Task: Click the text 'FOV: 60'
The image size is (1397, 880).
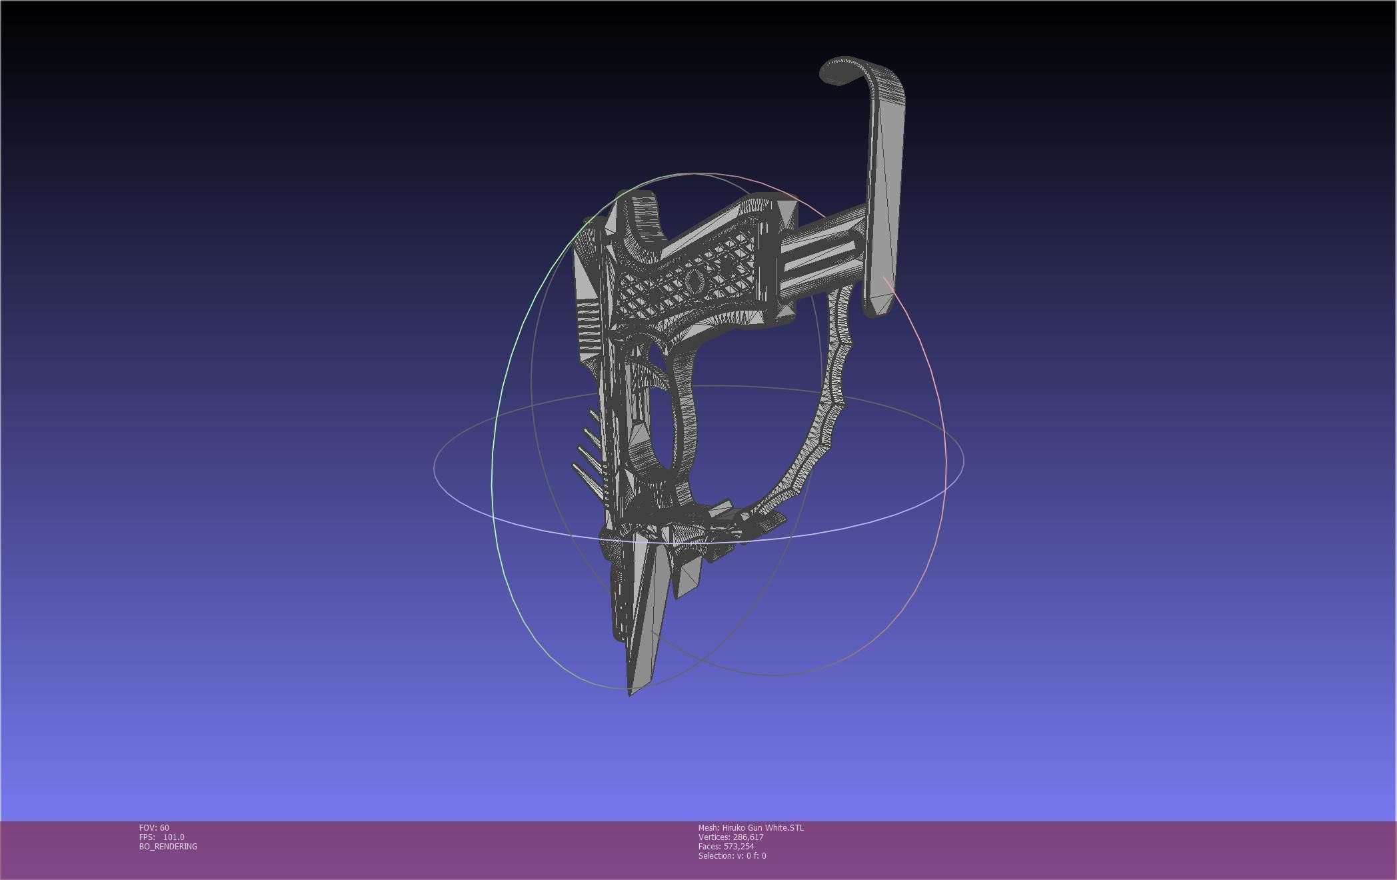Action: click(154, 827)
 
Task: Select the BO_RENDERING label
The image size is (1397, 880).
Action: click(168, 846)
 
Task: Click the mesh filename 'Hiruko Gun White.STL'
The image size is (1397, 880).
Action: click(762, 827)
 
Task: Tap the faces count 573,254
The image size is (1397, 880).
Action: click(738, 846)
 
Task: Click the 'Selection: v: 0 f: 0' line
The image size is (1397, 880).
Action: click(732, 855)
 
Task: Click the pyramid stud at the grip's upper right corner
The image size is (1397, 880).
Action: click(786, 213)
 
